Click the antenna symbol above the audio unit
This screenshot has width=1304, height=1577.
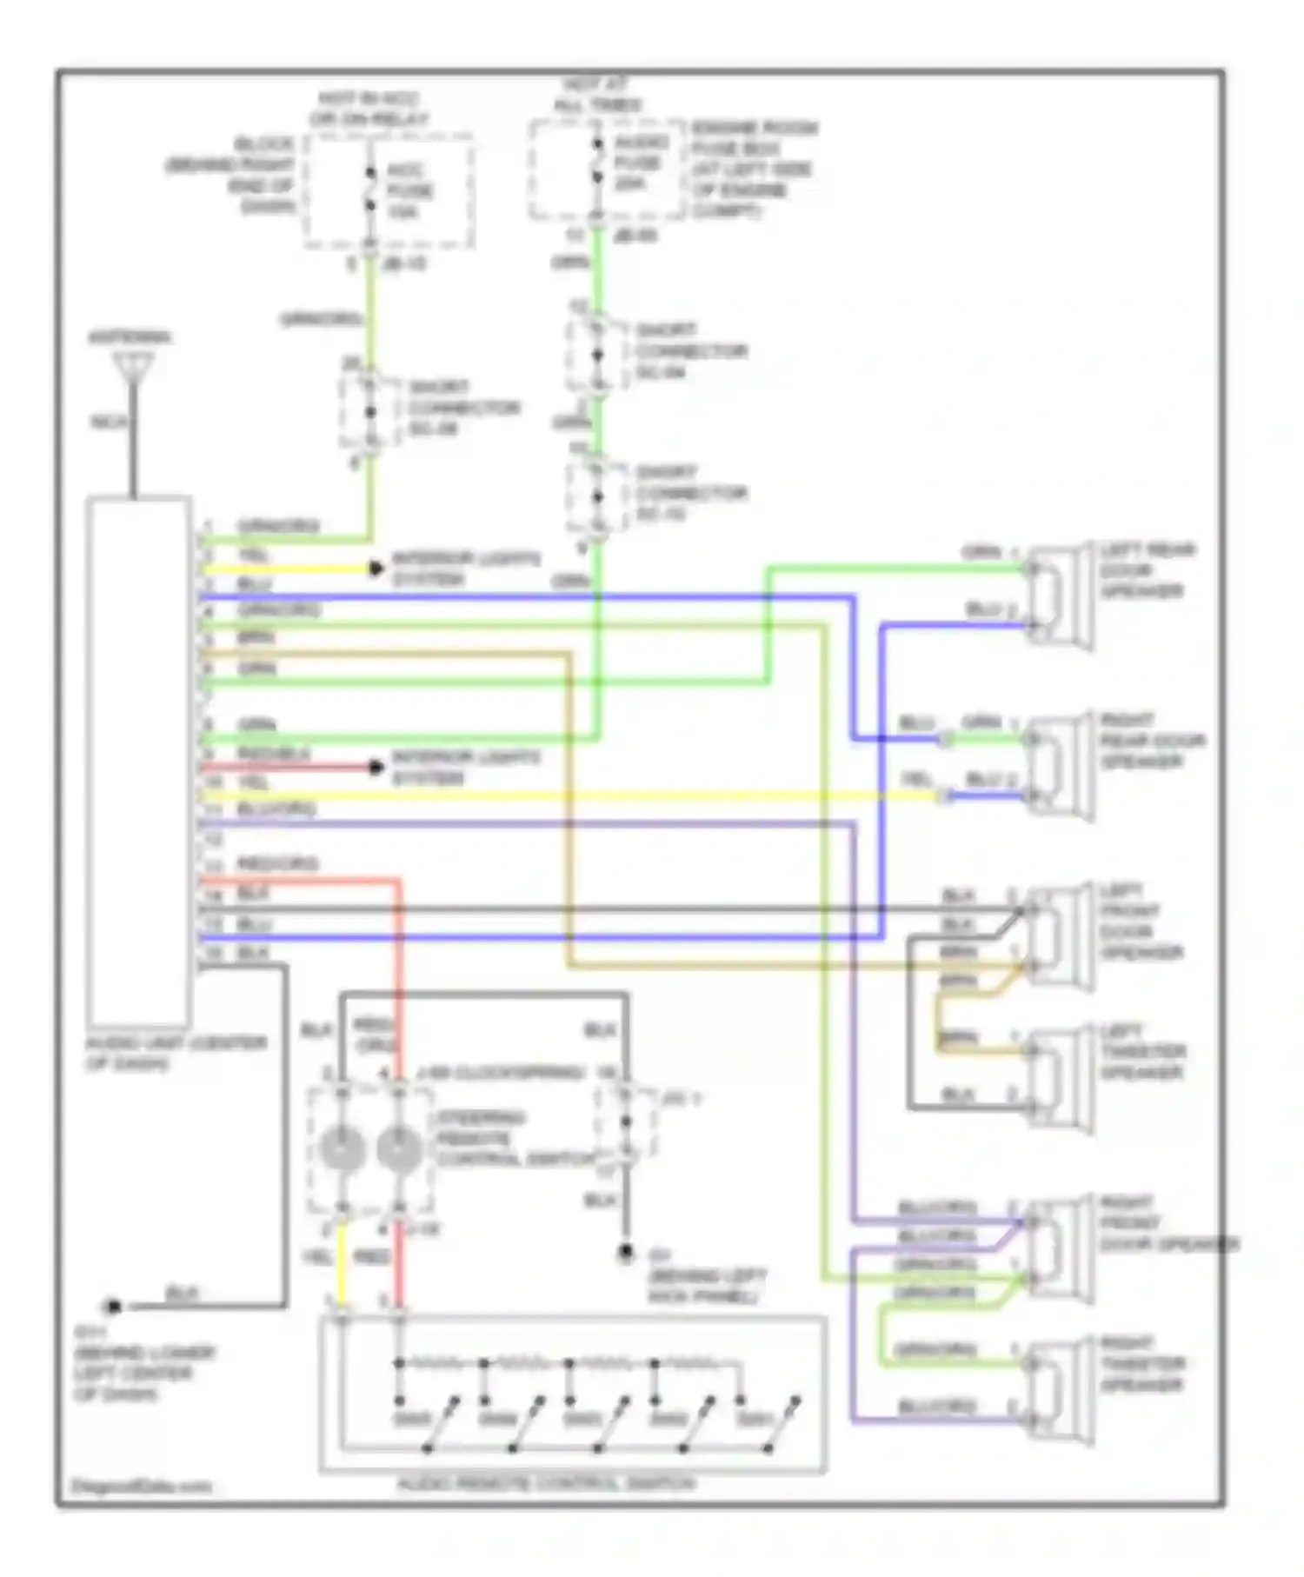point(133,364)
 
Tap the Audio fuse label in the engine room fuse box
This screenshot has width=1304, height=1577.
point(640,163)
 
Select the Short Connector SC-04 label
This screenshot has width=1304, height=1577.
point(690,351)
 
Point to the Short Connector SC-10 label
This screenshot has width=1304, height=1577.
point(690,493)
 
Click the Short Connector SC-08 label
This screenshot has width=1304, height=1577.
point(463,408)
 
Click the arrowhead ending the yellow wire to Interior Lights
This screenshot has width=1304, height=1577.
point(376,569)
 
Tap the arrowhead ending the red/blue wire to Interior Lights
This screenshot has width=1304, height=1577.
point(376,767)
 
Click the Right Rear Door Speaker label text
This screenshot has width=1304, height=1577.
point(1151,741)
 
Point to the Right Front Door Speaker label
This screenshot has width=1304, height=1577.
point(1165,1224)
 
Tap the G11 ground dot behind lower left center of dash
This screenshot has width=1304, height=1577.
point(112,1306)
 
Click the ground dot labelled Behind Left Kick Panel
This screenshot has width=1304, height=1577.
point(626,1253)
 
